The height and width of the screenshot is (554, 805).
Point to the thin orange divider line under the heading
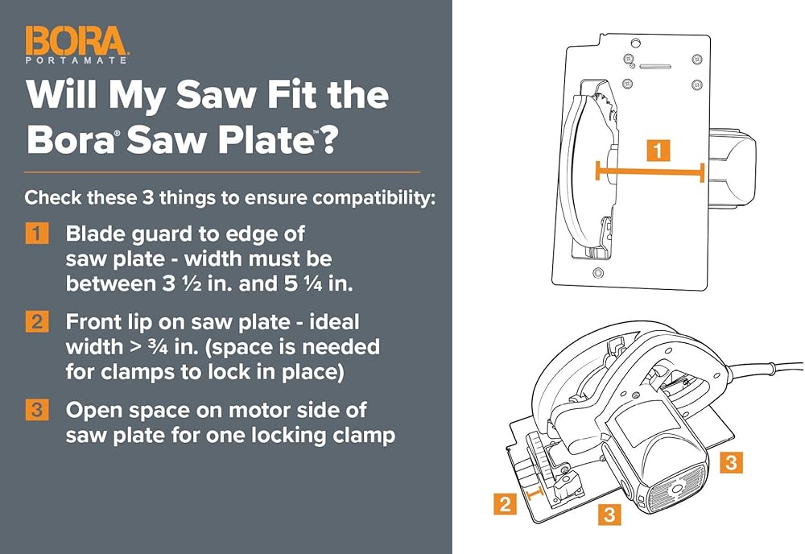[x=222, y=172]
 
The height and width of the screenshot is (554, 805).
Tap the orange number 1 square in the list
[x=37, y=234]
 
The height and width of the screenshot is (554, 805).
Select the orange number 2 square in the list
[x=37, y=322]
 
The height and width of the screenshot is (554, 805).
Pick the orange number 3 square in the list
[x=37, y=410]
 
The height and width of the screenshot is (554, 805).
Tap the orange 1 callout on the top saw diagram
[x=658, y=150]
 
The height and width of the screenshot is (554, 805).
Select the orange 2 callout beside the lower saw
[x=505, y=505]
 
